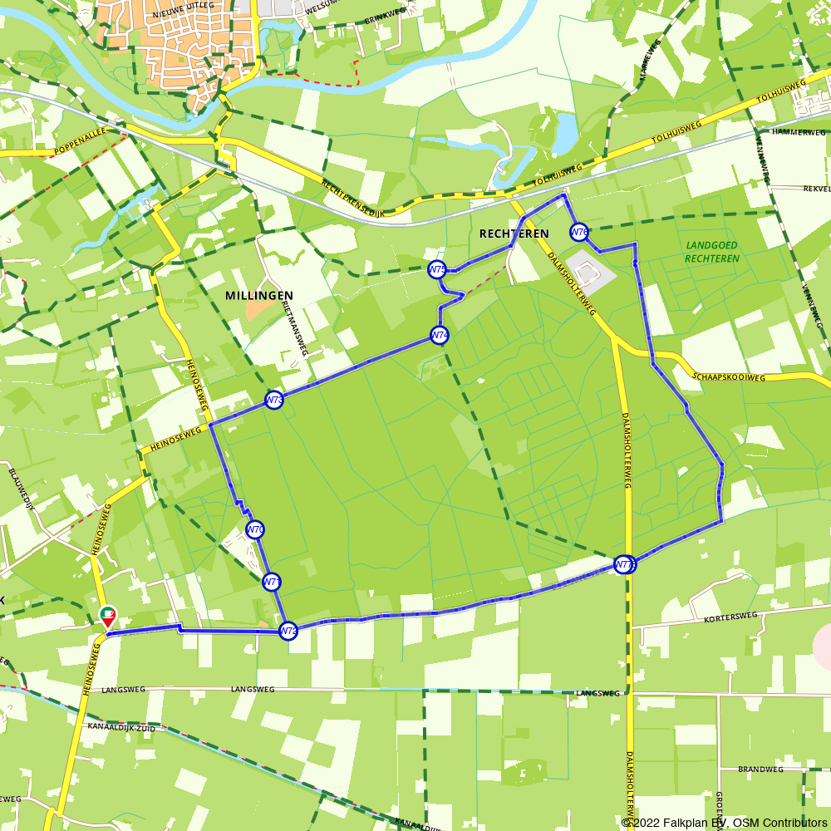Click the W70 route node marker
255,529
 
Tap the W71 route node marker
271,582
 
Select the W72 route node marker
288,632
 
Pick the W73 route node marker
274,401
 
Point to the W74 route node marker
440,336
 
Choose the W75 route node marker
437,269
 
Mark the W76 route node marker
579,232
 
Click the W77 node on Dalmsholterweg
625,565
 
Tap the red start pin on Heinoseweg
108,617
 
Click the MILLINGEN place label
259,296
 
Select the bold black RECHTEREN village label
514,234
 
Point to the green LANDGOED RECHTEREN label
712,252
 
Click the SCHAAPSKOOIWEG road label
728,376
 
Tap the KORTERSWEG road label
730,617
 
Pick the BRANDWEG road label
760,770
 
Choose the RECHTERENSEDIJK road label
352,199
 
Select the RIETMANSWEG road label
293,328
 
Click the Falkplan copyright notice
724,823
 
